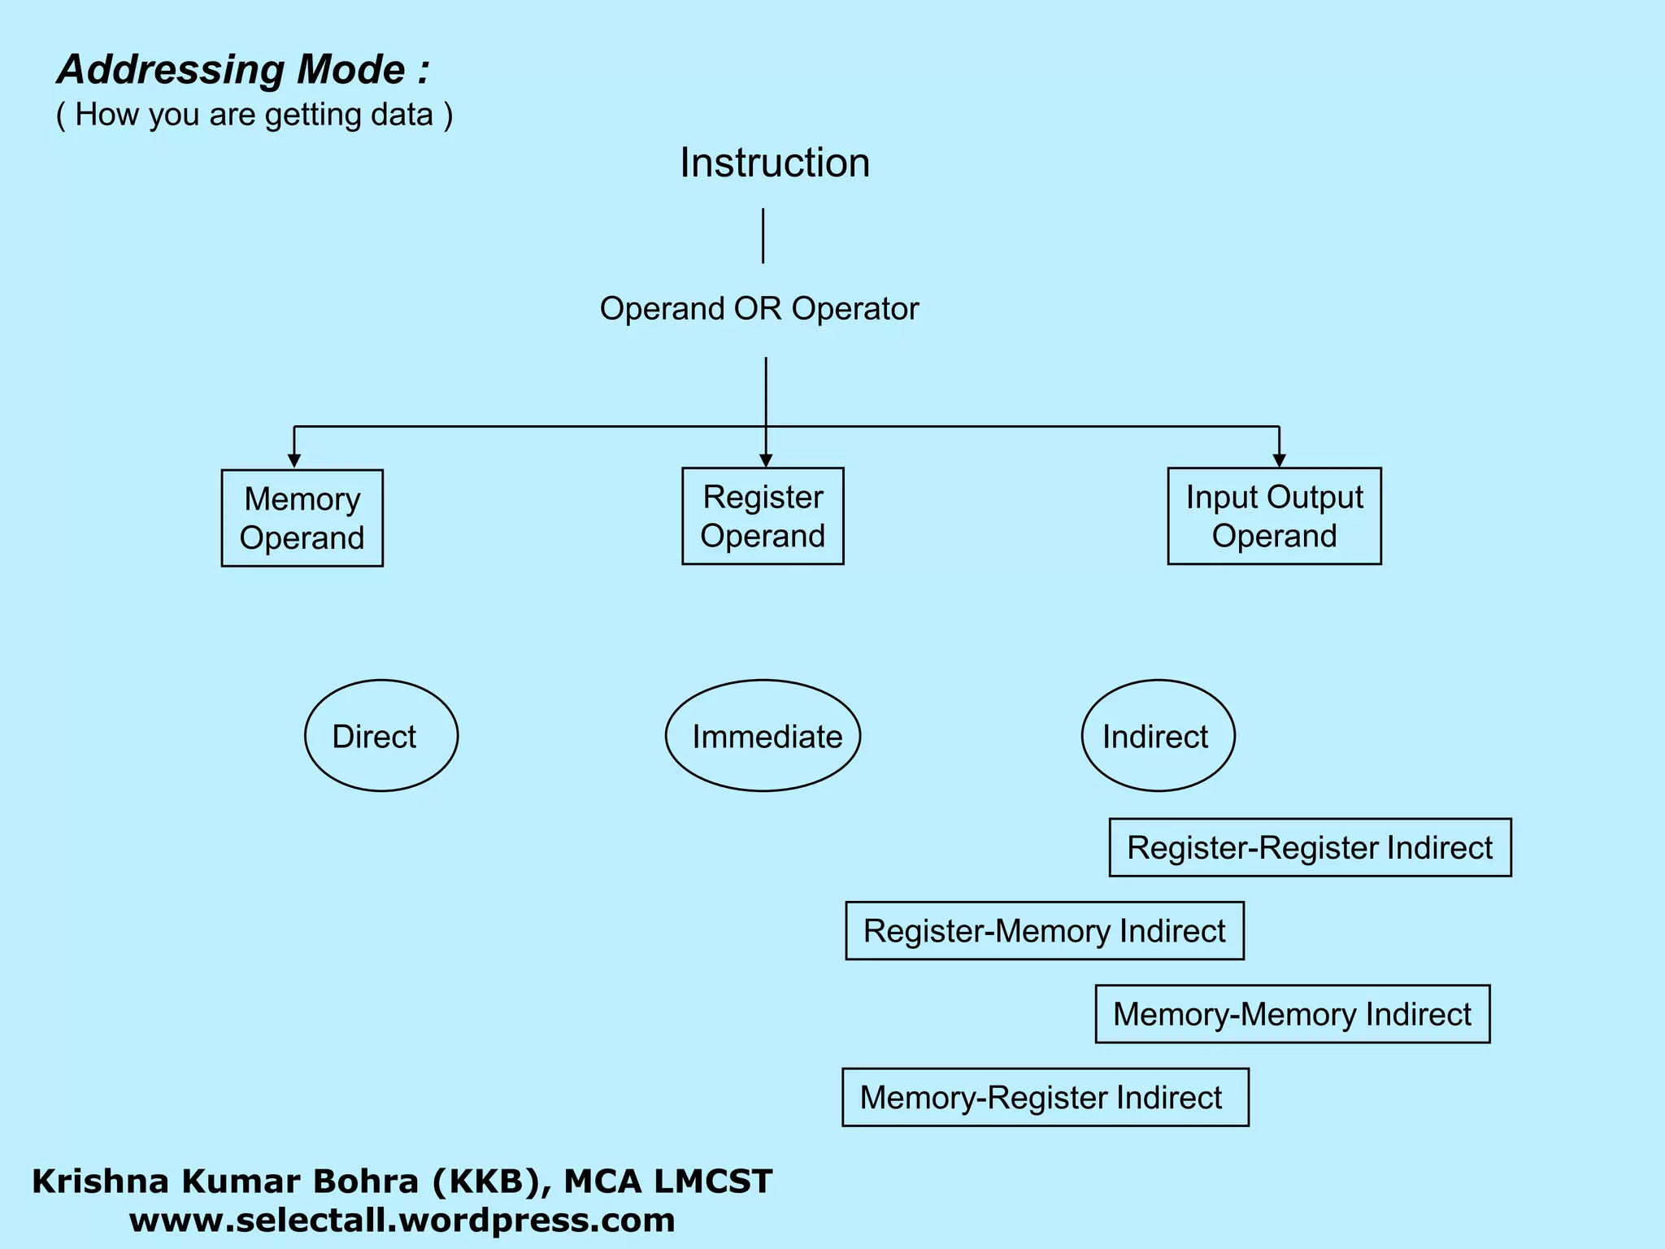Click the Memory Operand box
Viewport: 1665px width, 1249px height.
pyautogui.click(x=302, y=518)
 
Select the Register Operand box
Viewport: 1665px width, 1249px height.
pyautogui.click(x=763, y=516)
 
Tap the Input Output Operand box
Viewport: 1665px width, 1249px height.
pyautogui.click(x=1274, y=516)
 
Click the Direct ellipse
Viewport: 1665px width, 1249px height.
pyautogui.click(x=381, y=736)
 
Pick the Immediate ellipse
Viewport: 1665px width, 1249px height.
pyautogui.click(x=763, y=736)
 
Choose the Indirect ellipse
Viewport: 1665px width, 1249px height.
pyautogui.click(x=1158, y=736)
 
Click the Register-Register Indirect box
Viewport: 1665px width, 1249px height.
pyautogui.click(x=1310, y=847)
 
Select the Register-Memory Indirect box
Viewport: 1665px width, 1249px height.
pyautogui.click(x=1044, y=930)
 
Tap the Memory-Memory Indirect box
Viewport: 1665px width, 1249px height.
pyautogui.click(x=1292, y=1014)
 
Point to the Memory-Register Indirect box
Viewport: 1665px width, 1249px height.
pyautogui.click(x=1045, y=1097)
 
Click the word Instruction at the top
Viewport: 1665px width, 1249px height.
pyautogui.click(x=774, y=163)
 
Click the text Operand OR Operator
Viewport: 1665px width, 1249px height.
pyautogui.click(x=759, y=309)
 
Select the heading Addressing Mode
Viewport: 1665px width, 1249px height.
pyautogui.click(x=242, y=70)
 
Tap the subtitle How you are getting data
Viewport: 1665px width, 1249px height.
pyautogui.click(x=254, y=115)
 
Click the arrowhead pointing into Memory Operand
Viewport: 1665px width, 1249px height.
pyautogui.click(x=294, y=461)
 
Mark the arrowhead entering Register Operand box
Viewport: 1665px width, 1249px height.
pyautogui.click(x=765, y=460)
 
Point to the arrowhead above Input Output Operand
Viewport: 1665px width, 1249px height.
pyautogui.click(x=1279, y=460)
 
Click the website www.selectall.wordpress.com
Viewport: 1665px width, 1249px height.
pyautogui.click(x=402, y=1221)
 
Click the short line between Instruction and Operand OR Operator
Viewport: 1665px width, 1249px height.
pyautogui.click(x=763, y=236)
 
